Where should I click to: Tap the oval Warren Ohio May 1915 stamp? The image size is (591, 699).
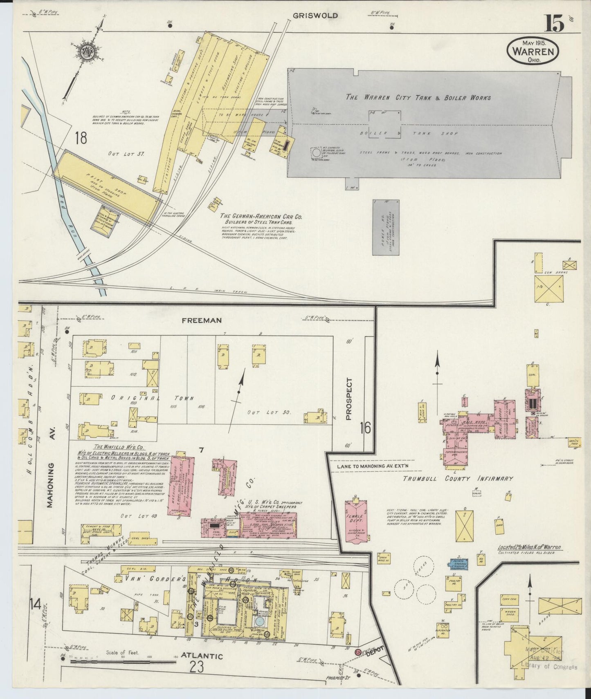[534, 52]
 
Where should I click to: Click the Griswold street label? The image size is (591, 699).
[315, 16]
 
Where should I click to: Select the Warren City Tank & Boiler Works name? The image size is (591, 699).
[418, 98]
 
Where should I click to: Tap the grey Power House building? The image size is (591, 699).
[386, 227]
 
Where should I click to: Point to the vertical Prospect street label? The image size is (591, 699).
[348, 399]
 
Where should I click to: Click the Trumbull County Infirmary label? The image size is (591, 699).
[458, 479]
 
